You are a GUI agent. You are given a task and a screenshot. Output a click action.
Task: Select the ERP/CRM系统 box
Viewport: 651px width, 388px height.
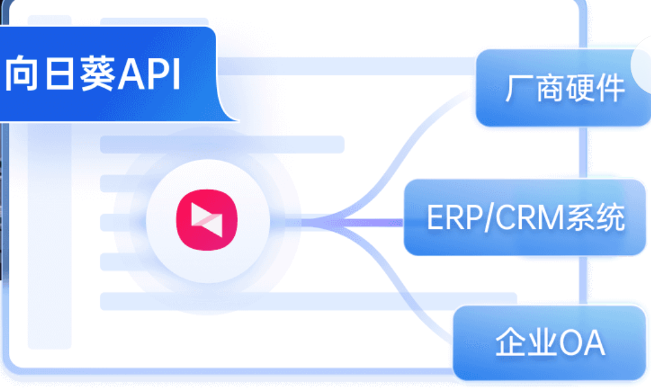[525, 217]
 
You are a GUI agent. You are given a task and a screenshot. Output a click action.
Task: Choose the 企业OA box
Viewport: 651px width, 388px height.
[549, 343]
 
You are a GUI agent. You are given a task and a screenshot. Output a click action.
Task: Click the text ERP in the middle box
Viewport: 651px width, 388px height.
[448, 218]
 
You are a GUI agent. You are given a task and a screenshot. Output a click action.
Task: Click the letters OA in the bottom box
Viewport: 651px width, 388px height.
[582, 344]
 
